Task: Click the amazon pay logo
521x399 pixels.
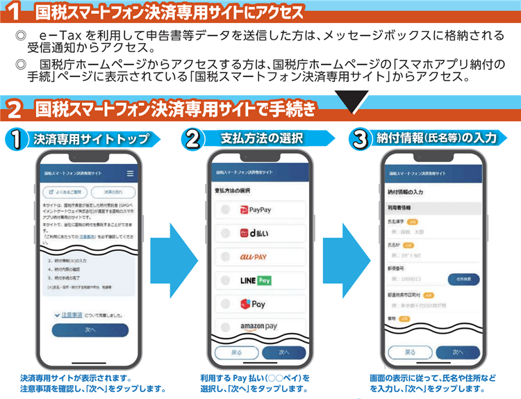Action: click(x=258, y=327)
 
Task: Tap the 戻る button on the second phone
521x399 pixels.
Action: click(x=237, y=352)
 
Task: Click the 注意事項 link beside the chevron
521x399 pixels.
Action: click(x=76, y=315)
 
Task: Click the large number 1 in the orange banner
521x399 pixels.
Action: click(x=13, y=12)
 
